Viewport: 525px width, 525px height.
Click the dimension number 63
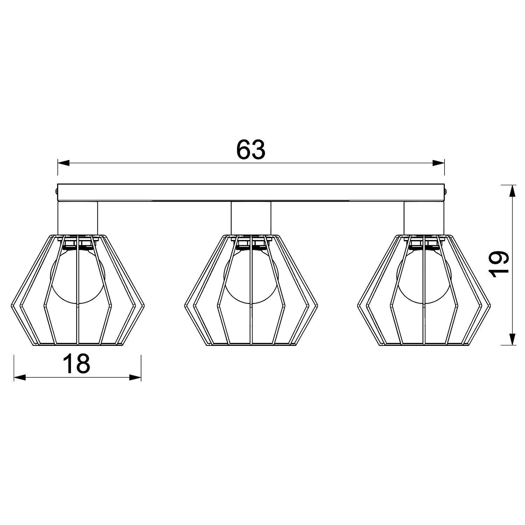pos(251,150)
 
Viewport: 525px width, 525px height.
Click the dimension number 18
pos(77,363)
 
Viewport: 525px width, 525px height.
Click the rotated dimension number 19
pos(499,264)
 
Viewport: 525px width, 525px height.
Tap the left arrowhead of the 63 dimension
pos(63,163)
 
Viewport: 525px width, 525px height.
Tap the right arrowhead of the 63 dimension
pos(438,163)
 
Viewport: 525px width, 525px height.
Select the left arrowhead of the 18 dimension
pos(20,377)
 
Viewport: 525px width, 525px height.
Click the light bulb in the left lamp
pos(78,275)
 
